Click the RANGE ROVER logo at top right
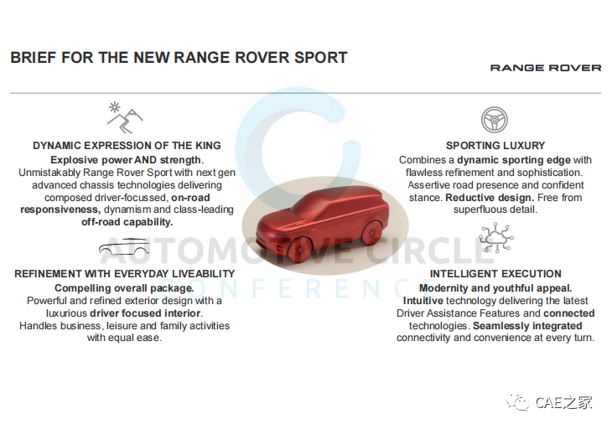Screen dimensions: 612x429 click(x=546, y=68)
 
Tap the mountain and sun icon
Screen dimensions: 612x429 click(x=125, y=117)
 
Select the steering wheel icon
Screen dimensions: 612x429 click(x=494, y=120)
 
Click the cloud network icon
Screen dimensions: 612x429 click(x=495, y=237)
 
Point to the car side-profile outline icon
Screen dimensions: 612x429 click(x=124, y=246)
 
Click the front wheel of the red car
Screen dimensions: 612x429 click(x=300, y=249)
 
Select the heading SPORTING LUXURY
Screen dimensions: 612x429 click(x=495, y=146)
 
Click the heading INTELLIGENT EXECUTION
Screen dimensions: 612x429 click(x=495, y=274)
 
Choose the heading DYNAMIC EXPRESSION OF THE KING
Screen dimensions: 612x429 click(x=127, y=146)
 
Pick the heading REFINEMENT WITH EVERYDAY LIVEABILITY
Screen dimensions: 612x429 click(x=125, y=274)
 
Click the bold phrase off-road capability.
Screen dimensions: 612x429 click(x=127, y=222)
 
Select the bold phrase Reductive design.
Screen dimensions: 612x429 click(x=490, y=198)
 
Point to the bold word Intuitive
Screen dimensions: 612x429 click(x=423, y=301)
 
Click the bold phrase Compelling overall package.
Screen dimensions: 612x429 click(x=124, y=288)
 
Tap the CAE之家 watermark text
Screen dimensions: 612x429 click(x=564, y=402)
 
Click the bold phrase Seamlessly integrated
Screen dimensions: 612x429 click(x=527, y=326)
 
